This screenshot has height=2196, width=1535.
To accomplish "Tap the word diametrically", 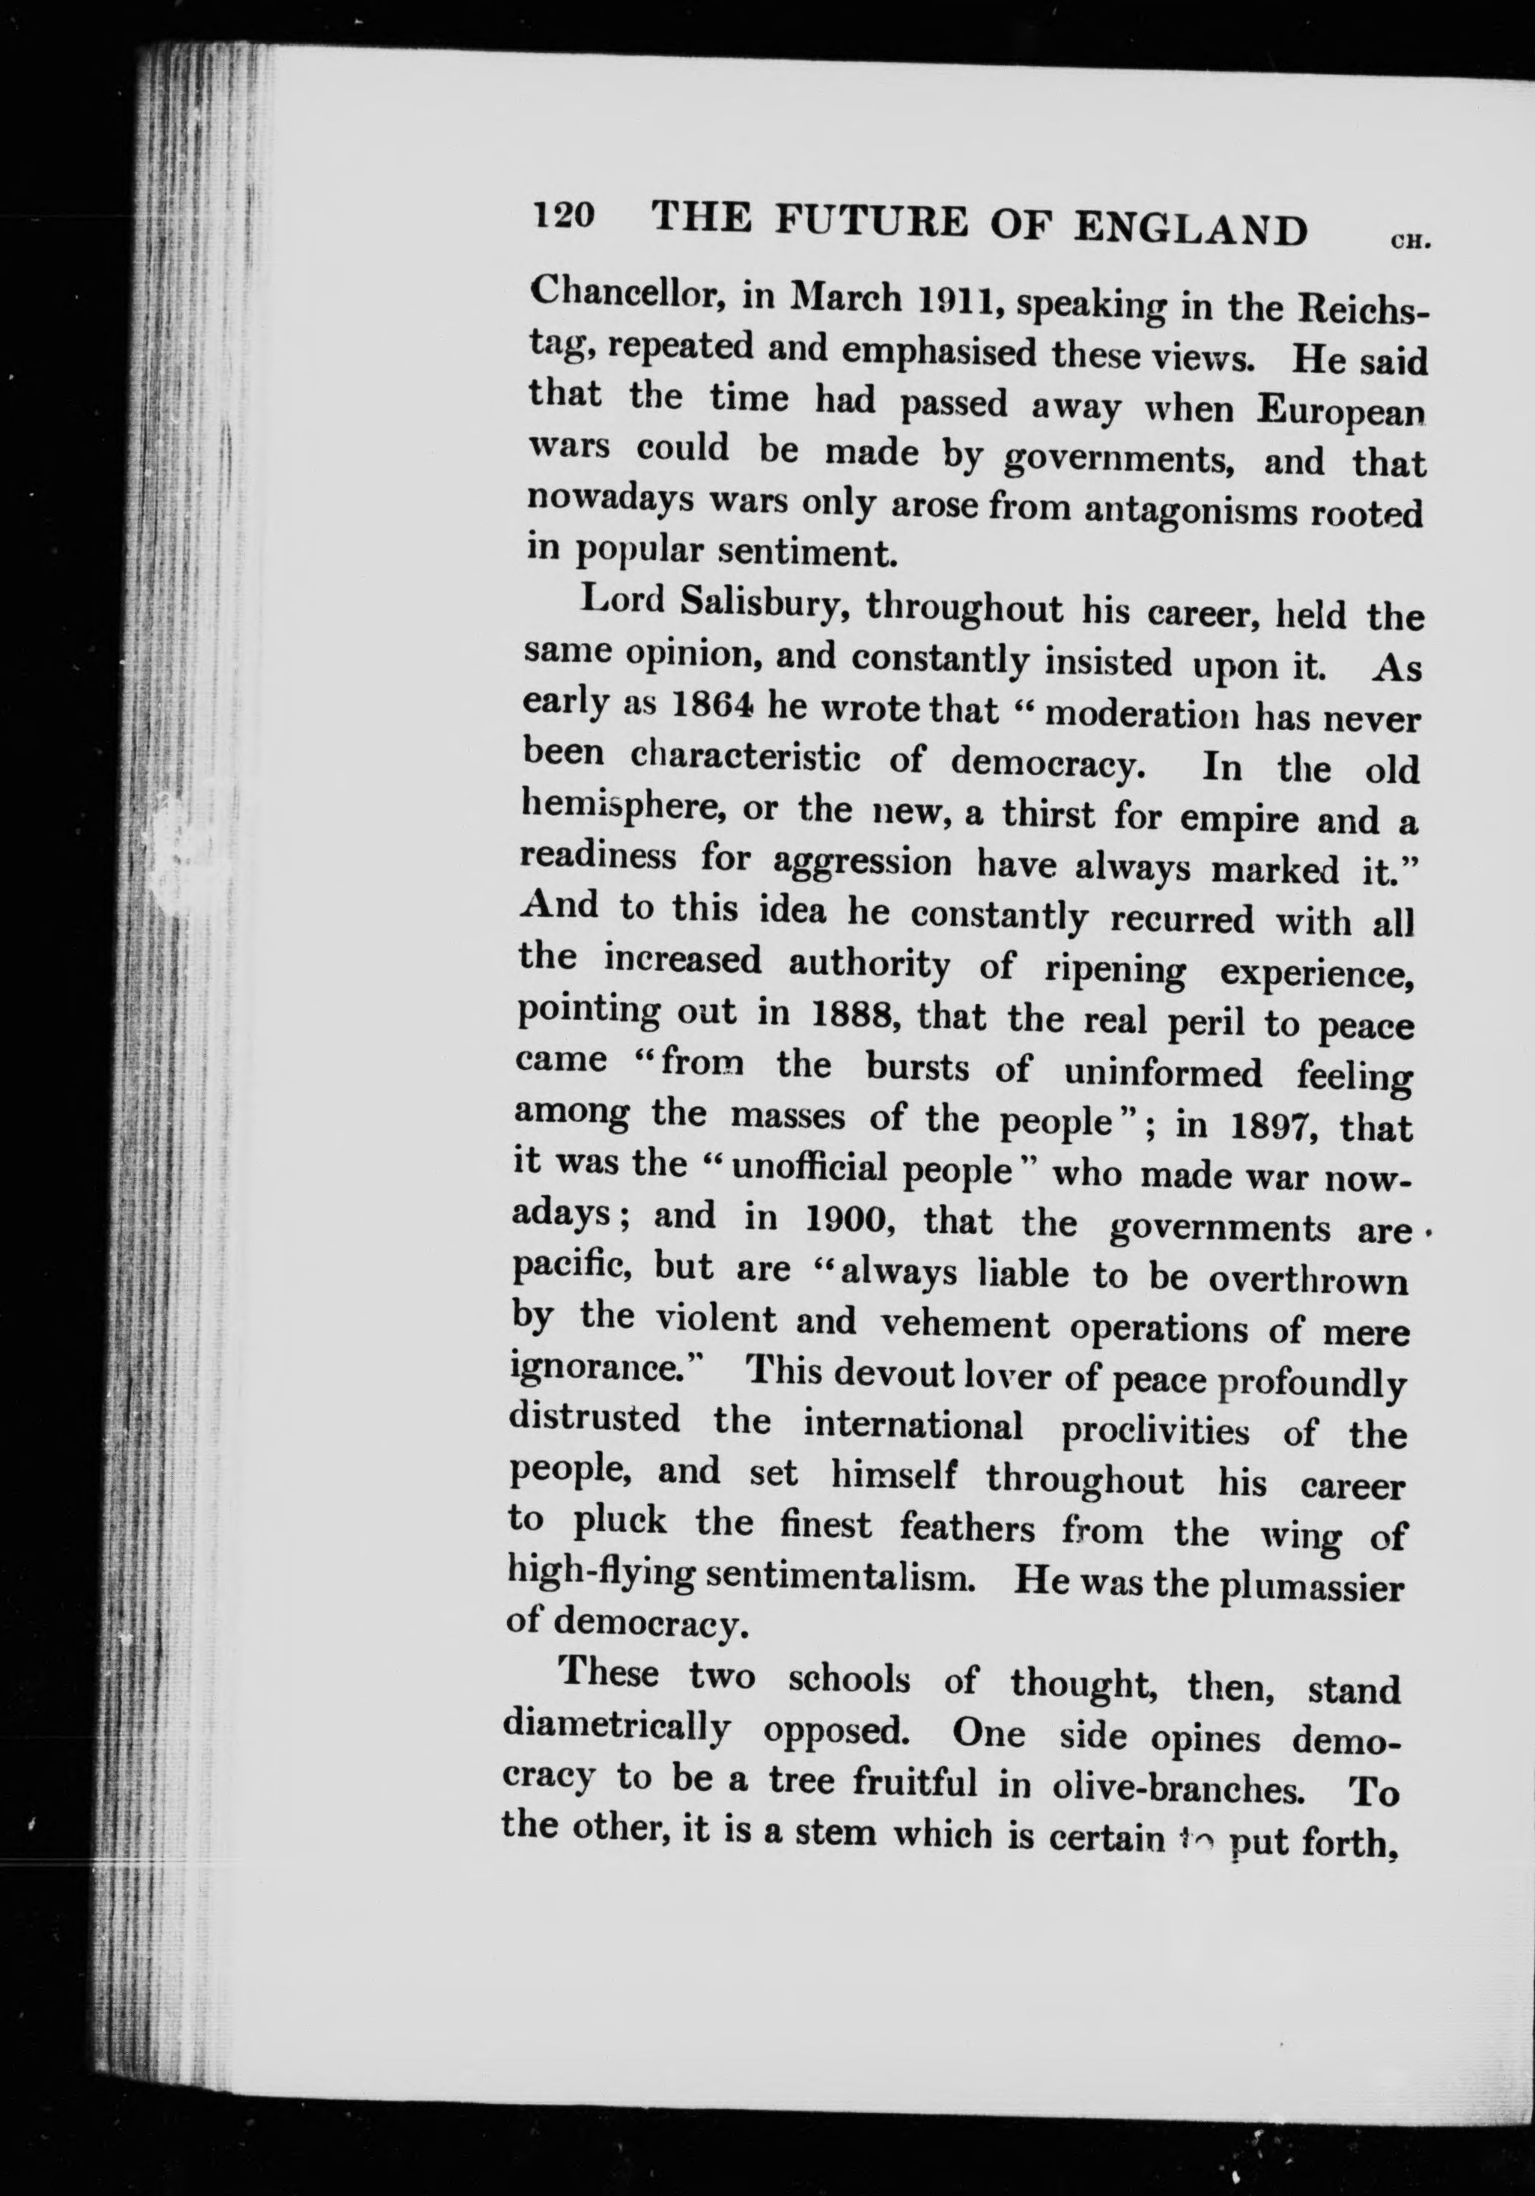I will pos(617,1727).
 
